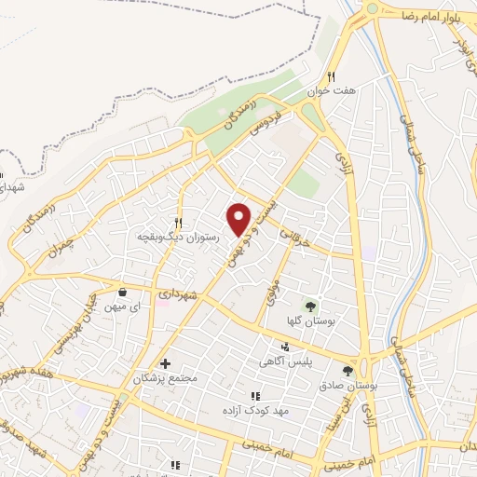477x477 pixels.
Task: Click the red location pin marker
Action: pos(239,219)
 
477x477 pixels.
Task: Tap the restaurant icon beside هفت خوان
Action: pos(331,78)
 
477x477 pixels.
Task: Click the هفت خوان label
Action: pos(331,93)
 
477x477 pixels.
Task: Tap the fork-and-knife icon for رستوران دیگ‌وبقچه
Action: pos(177,223)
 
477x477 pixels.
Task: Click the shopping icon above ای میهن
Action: pos(122,292)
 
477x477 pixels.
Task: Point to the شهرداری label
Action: pos(177,293)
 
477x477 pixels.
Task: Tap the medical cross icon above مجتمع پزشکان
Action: pos(166,363)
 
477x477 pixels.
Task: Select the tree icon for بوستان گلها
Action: pos(310,305)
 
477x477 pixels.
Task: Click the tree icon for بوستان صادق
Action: pos(361,370)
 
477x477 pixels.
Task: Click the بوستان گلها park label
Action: pos(311,320)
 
